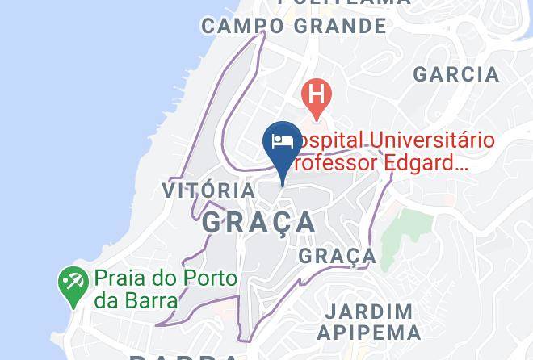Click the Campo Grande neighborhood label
click(294, 26)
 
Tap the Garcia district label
click(455, 74)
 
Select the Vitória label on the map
click(208, 190)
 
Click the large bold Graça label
click(259, 222)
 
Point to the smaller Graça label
click(338, 257)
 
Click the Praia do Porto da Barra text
click(166, 289)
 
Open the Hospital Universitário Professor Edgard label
click(392, 152)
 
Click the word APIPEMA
click(368, 332)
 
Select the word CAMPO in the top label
click(242, 26)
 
